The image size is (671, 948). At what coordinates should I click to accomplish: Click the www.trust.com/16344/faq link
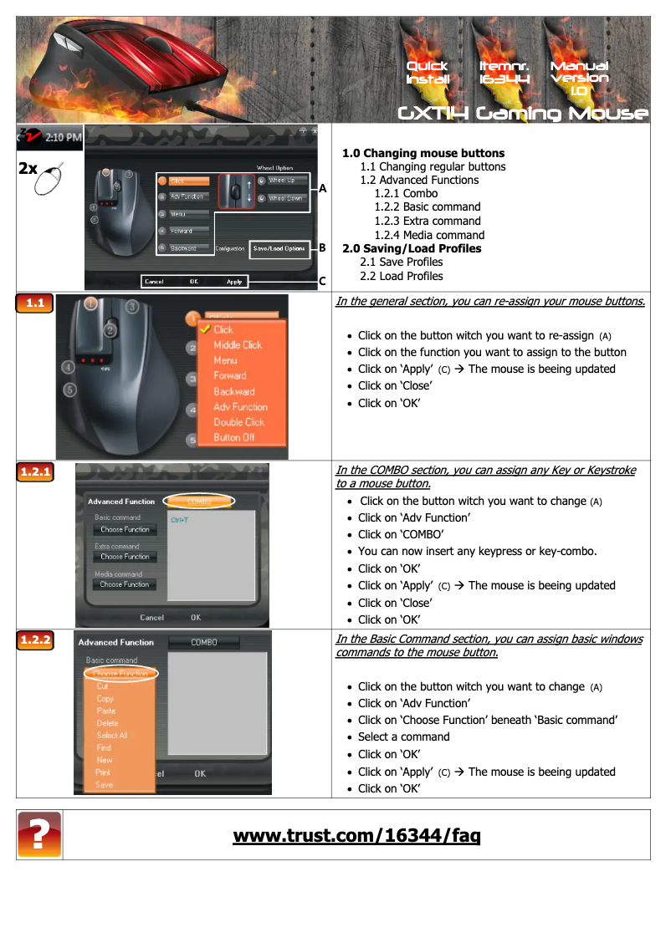(356, 835)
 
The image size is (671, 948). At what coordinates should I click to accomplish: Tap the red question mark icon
(39, 834)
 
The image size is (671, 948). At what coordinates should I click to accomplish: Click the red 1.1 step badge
(35, 303)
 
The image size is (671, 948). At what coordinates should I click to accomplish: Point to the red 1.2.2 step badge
(35, 640)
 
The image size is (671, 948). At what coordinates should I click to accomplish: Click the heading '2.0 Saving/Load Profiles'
(412, 248)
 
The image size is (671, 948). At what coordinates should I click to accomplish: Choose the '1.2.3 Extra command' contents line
(427, 221)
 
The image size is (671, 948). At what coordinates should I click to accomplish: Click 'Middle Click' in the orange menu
(237, 344)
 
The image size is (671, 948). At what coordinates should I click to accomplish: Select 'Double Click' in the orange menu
(238, 422)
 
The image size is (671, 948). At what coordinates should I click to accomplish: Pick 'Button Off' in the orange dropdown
(233, 437)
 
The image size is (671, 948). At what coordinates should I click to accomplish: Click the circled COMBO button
(199, 502)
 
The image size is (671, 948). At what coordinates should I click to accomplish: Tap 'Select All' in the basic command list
(111, 736)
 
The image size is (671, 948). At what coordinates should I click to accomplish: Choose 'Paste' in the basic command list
(105, 711)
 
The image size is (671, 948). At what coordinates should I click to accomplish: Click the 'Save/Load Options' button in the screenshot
(279, 248)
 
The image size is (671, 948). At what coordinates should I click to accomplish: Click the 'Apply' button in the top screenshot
(234, 282)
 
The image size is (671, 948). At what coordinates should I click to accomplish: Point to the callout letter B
(321, 248)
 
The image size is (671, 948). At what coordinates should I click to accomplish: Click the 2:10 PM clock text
(63, 136)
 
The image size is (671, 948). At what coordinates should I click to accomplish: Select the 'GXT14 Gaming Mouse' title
(522, 113)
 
